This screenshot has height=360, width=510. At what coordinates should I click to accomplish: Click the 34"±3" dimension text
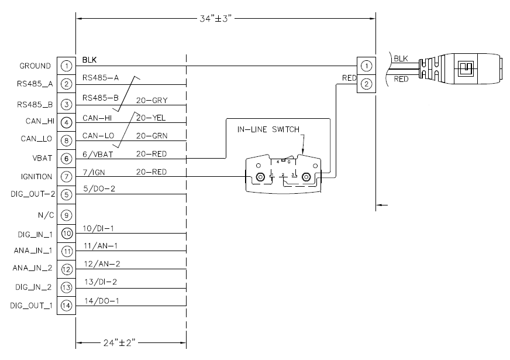[215, 19]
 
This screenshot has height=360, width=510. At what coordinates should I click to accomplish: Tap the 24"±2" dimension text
[119, 343]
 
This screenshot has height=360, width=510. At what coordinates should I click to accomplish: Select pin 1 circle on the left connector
[66, 66]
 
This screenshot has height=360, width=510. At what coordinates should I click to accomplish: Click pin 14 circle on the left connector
[66, 306]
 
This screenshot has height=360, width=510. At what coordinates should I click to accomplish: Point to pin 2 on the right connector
[366, 84]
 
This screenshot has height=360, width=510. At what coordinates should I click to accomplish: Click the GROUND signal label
[35, 66]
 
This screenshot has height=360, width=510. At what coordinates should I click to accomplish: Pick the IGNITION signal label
[36, 177]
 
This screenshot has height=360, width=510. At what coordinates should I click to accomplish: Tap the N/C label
[46, 215]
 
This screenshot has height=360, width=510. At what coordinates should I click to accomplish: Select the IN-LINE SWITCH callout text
[268, 129]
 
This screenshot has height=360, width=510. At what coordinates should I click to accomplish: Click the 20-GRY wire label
[152, 101]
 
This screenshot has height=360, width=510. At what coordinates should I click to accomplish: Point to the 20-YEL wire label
[151, 118]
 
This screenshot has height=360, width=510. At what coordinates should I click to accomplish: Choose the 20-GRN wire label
[152, 136]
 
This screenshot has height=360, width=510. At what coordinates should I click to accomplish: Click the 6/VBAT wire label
[98, 155]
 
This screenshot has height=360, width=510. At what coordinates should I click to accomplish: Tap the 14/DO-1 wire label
[102, 301]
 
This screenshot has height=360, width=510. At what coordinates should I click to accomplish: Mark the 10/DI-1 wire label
[98, 228]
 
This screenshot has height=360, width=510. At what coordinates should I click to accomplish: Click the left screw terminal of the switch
[260, 177]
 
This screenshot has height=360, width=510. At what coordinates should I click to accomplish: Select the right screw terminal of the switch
[306, 177]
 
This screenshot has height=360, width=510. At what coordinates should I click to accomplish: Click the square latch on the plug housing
[466, 68]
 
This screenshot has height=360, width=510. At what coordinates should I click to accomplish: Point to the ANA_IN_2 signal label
[33, 268]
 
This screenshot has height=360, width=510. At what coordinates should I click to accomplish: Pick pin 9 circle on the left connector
[66, 215]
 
